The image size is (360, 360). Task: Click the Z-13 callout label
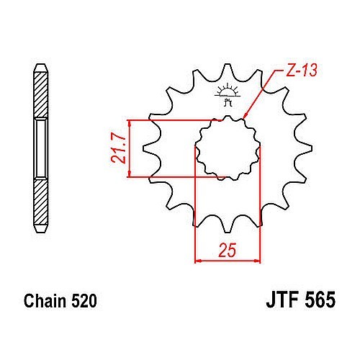[x=302, y=70]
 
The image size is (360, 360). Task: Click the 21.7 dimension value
[x=118, y=148]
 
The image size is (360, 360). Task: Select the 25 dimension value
[x=228, y=250]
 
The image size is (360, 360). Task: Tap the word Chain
[x=45, y=301]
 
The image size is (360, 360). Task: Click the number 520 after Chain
[x=84, y=301]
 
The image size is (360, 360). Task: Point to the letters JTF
[x=282, y=300]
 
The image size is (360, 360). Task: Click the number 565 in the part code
[x=320, y=300]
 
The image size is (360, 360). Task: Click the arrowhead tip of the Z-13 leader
[x=243, y=119]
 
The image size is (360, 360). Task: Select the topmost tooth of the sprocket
[x=227, y=70]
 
